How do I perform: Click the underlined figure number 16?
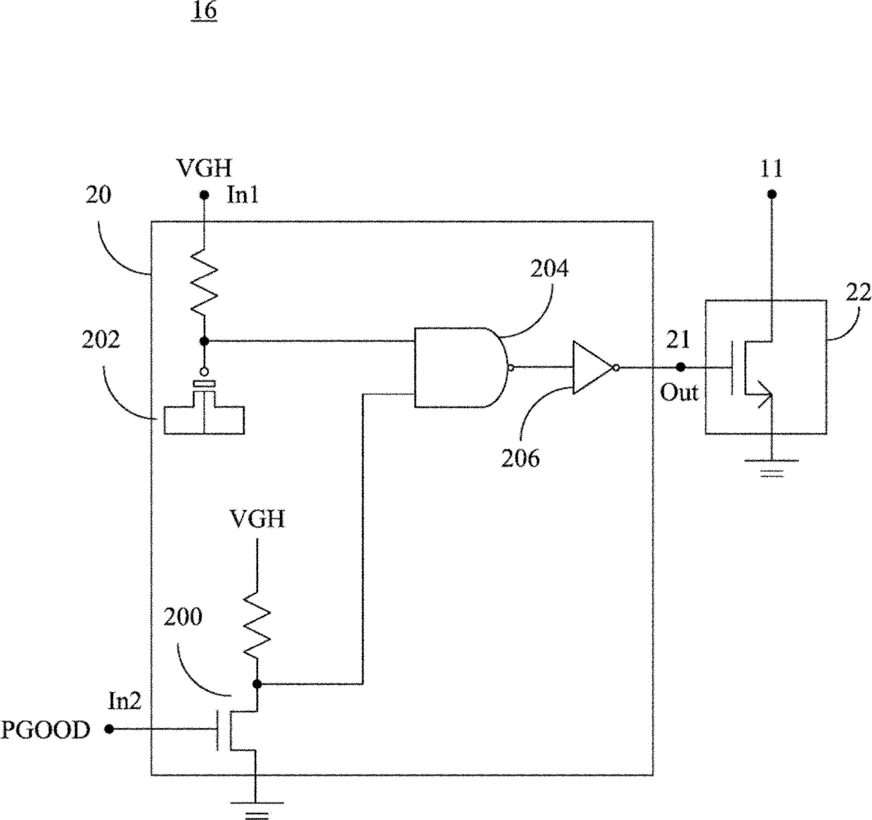pos(204,12)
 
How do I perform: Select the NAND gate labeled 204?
pos(461,367)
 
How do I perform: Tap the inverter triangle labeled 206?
pos(594,368)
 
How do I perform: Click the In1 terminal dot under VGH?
pos(204,195)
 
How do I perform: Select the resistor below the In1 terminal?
pos(204,281)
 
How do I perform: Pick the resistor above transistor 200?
pos(257,625)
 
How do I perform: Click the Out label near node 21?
pos(679,392)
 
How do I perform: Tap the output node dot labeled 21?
pos(681,367)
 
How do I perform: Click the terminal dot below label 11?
pos(771,194)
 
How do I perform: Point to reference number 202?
pos(101,340)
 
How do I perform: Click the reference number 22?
pos(858,293)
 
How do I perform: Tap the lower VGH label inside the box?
pos(257,519)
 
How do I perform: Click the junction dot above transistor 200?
pos(257,684)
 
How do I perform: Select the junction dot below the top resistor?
pos(204,341)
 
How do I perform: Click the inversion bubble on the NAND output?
pos(511,368)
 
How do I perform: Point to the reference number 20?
pos(98,195)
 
